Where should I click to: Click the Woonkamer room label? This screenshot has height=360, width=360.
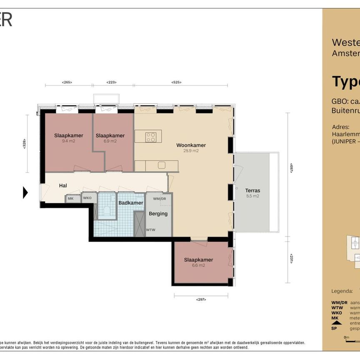click(191, 145)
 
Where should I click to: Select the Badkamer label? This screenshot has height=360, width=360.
click(131, 203)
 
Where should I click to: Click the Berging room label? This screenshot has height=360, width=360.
click(158, 214)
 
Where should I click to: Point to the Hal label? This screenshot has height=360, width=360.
click(63, 186)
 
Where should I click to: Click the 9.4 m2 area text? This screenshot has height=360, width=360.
click(68, 141)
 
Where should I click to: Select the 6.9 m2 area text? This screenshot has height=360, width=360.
click(110, 141)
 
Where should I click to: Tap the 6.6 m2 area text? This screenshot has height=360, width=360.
click(198, 265)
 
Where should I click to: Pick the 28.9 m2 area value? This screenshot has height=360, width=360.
click(191, 151)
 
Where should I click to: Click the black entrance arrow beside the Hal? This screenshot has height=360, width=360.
click(25, 192)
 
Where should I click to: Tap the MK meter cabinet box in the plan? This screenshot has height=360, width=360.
click(71, 199)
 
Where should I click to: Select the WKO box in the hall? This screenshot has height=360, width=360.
click(87, 198)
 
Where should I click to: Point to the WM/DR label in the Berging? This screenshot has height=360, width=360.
click(159, 199)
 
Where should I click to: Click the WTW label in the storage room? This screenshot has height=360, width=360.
click(151, 230)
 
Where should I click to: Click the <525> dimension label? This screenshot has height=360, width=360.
click(176, 82)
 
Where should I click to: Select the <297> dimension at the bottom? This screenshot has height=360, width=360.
click(200, 299)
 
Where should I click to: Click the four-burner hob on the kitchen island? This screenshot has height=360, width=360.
click(151, 137)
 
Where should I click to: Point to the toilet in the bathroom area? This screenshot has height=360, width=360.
click(107, 210)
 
